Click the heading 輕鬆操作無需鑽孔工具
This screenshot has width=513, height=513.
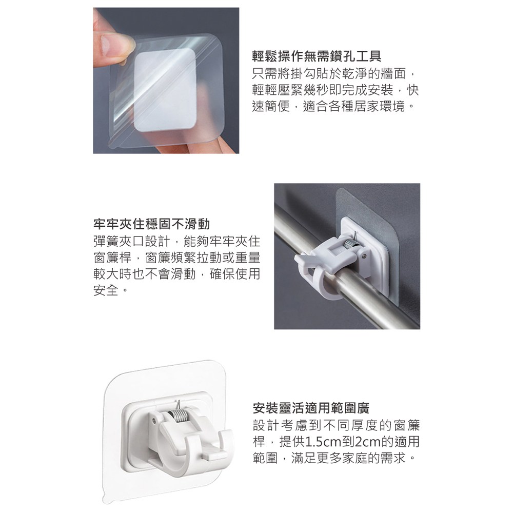click(317, 56)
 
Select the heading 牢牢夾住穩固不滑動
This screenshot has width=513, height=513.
click(152, 224)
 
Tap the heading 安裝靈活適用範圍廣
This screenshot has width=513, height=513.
click(311, 408)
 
